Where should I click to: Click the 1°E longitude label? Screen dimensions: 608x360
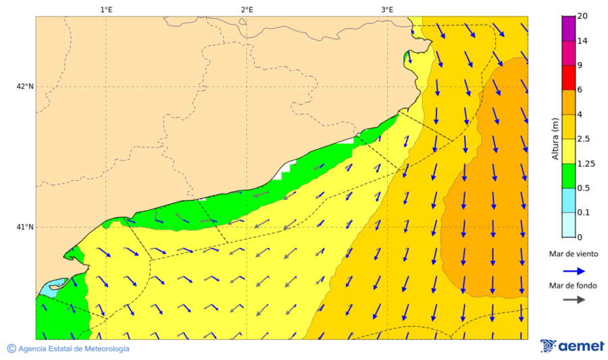pos(106,9)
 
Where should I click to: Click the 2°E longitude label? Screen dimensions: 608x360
pos(247,9)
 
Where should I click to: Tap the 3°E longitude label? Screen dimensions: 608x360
pos(386,9)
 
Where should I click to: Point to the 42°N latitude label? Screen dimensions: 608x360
pos(25,86)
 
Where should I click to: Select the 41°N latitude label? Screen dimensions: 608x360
pos(25,227)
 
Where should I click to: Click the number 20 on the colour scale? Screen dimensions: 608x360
pos(583,16)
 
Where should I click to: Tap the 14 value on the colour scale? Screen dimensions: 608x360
pos(583,41)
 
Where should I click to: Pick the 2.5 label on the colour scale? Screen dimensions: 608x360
pos(585,138)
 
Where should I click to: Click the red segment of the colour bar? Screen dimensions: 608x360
pos(568,78)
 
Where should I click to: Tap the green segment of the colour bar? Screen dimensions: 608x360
pos(568,176)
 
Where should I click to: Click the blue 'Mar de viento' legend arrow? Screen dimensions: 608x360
pos(574,271)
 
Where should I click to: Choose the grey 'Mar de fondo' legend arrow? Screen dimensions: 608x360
pos(574,300)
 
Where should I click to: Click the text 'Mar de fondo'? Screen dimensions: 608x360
pos(574,286)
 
